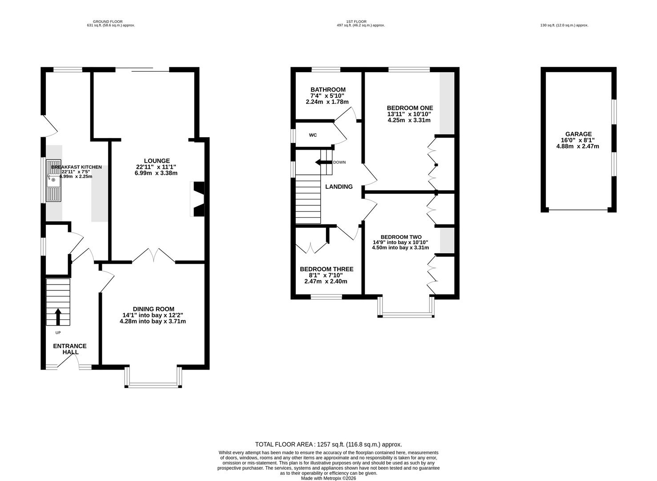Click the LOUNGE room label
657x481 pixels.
(157, 161)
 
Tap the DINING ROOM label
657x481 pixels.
(154, 309)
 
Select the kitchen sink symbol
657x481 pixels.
(54, 180)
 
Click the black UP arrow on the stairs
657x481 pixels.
(58, 317)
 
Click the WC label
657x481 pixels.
(313, 135)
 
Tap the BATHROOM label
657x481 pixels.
(328, 90)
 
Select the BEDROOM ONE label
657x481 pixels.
(410, 108)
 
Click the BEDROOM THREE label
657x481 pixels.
(326, 269)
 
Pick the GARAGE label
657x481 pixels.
(578, 134)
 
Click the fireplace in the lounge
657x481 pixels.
(198, 199)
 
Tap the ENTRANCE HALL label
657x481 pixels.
(70, 349)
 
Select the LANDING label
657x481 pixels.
(339, 187)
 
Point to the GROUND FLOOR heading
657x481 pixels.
(108, 21)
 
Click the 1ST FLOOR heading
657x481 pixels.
(356, 21)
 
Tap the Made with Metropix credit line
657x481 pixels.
(328, 478)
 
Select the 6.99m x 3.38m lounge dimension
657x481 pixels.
(156, 173)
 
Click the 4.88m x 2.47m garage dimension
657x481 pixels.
(577, 146)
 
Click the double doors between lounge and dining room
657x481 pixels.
(154, 255)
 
